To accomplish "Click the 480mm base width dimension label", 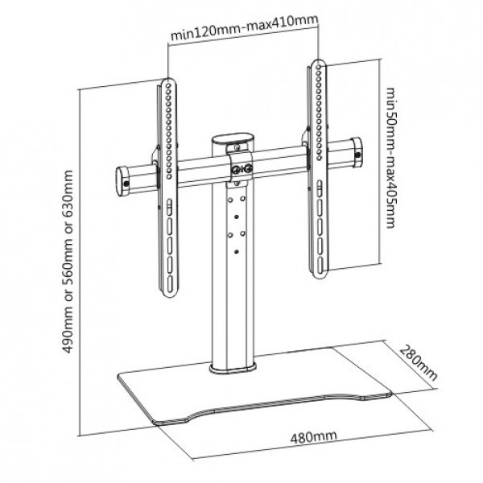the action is (314, 436).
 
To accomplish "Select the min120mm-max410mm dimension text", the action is (244, 28).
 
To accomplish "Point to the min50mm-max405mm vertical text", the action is (390, 158).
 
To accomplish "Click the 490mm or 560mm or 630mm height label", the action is (68, 262).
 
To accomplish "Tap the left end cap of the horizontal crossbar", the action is (122, 181).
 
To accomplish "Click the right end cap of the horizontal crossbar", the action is (357, 153).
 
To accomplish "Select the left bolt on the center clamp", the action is (236, 169).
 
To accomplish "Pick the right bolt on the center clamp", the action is (248, 168).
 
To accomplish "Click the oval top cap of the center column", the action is (232, 138).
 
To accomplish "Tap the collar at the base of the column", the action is (233, 368).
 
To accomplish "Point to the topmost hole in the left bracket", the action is (168, 85).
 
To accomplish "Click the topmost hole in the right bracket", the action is (319, 67).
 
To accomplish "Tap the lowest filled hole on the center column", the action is (236, 252).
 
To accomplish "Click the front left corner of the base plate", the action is (156, 423).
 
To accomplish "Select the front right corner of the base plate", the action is (390, 394).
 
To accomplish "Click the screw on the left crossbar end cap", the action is (126, 184).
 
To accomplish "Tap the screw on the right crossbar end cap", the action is (358, 155).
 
